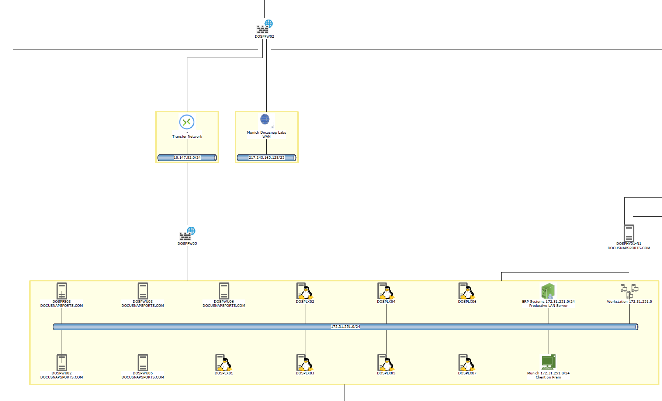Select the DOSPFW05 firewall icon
pyautogui.click(x=187, y=234)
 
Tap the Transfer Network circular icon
pyautogui.click(x=187, y=122)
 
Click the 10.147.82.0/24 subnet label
pyautogui.click(x=187, y=158)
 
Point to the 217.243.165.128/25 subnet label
pyautogui.click(x=266, y=158)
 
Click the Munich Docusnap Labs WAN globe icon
pyautogui.click(x=265, y=119)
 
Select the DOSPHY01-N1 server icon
pyautogui.click(x=629, y=233)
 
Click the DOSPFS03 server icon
pyautogui.click(x=62, y=291)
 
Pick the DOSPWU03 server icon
pyautogui.click(x=143, y=291)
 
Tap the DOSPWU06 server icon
pyautogui.click(x=224, y=291)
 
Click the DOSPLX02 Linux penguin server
pyautogui.click(x=305, y=291)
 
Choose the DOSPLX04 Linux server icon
pyautogui.click(x=386, y=291)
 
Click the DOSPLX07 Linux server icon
pyautogui.click(x=467, y=363)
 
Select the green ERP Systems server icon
pyautogui.click(x=548, y=291)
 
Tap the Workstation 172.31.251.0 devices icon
pyautogui.click(x=629, y=291)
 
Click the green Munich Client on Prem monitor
pyautogui.click(x=548, y=362)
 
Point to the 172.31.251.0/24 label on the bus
pyautogui.click(x=345, y=327)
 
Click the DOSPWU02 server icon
pyautogui.click(x=62, y=363)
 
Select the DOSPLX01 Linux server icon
pyautogui.click(x=223, y=363)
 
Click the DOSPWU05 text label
pyautogui.click(x=143, y=373)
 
